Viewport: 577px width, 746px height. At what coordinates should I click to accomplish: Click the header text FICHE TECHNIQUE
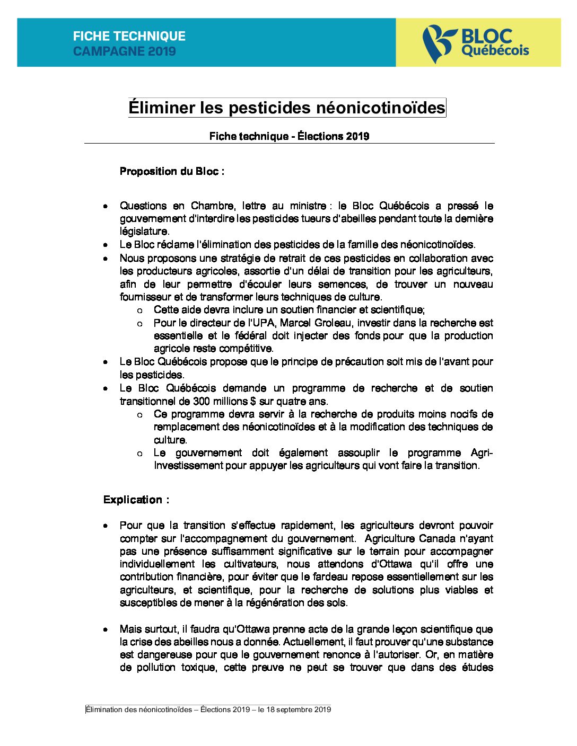pos(129,36)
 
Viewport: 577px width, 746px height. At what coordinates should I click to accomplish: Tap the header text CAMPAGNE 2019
pos(124,51)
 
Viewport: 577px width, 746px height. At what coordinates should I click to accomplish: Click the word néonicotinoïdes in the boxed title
pos(380,108)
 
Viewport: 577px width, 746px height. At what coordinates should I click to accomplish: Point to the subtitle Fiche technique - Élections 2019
pos(289,136)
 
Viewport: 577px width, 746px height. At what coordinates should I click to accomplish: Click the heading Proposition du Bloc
pos(171,171)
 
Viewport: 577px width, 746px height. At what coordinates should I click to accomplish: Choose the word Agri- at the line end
pos(482,452)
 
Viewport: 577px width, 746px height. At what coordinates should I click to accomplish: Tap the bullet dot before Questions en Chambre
pos(106,206)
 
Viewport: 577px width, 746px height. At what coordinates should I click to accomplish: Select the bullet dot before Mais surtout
pos(106,629)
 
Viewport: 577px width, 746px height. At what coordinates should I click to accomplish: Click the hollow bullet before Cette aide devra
pos(139,310)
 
